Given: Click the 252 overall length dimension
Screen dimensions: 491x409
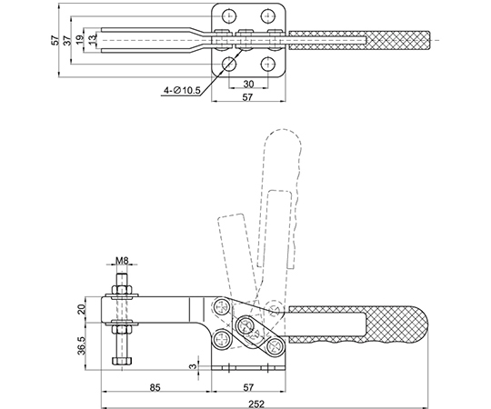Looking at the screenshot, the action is click(256, 404).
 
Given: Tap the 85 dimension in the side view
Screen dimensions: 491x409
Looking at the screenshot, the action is click(155, 388).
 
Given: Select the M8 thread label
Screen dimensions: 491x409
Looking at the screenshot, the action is click(122, 260).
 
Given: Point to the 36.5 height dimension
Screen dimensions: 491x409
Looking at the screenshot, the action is click(81, 345).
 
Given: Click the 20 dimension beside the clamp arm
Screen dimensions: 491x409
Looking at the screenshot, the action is click(81, 309).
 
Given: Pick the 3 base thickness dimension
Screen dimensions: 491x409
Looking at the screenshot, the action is click(194, 365).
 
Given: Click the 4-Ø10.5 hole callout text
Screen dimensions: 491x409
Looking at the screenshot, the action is click(182, 91).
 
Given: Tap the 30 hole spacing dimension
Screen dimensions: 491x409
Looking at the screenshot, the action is click(248, 84).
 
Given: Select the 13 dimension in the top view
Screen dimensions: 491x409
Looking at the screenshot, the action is click(92, 40).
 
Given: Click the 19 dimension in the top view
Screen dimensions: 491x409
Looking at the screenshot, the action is click(80, 40).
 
